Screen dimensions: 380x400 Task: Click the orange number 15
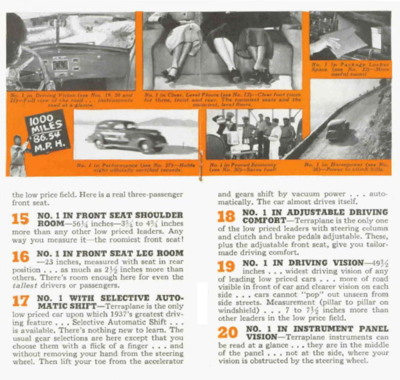[20, 219]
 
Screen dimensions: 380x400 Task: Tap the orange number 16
[20, 257]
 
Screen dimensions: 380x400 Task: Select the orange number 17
[20, 301]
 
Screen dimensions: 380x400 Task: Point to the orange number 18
[226, 216]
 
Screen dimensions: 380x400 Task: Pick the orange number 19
[226, 267]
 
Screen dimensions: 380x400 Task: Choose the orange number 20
[227, 332]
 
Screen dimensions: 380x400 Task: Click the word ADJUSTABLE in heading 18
[323, 212]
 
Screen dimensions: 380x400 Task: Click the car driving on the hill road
[338, 131]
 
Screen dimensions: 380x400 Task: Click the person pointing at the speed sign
[19, 154]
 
